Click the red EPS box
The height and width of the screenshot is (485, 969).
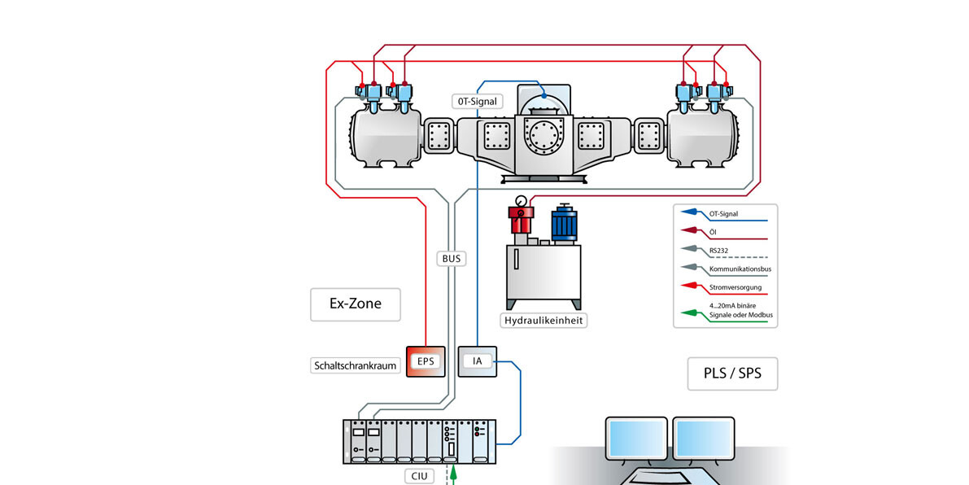(426, 360)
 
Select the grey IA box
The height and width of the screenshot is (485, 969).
(478, 360)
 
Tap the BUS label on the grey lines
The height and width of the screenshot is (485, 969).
(451, 259)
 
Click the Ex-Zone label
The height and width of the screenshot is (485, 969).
(355, 304)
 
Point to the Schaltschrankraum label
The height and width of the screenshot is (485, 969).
(356, 365)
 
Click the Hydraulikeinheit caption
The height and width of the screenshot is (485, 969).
(544, 321)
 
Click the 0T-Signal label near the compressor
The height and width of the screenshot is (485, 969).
(478, 102)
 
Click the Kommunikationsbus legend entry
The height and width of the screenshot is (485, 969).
(739, 269)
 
